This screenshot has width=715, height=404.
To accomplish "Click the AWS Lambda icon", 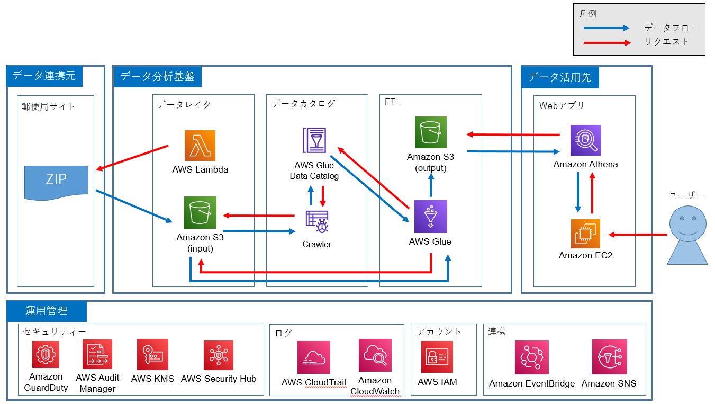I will pos(200,145).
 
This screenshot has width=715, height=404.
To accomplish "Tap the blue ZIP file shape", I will pos(56,182).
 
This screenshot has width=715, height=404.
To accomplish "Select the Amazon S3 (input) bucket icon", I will pos(200,213).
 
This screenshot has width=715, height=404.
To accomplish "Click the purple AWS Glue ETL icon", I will pos(431,216).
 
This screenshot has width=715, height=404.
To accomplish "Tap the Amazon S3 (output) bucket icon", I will pos(431,132).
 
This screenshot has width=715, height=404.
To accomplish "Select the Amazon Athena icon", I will pos(585,140).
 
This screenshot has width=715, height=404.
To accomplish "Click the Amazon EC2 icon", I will pos(585,234).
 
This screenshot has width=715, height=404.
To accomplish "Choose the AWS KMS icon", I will pos(152,355).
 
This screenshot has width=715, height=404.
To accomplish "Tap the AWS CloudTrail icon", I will pos(313,357).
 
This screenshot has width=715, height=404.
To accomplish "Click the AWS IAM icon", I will pos(437,357).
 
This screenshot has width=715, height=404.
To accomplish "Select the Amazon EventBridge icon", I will pos(531,357).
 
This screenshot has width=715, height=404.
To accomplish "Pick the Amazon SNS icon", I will pos(609,357).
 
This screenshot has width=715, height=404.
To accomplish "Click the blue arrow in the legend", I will pos(607,28).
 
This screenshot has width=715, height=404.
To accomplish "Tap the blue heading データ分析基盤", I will pos(158,76).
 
